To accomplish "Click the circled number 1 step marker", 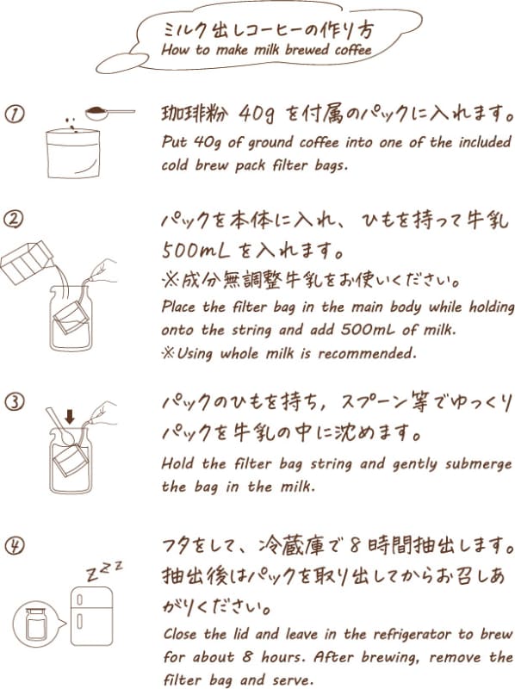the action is click(x=14, y=115).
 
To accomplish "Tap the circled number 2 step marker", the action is click(x=14, y=220).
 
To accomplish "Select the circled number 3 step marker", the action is click(x=14, y=402).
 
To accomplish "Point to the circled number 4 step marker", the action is click(x=15, y=546).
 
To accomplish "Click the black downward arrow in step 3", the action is click(x=70, y=417).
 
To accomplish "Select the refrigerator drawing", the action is click(x=92, y=616).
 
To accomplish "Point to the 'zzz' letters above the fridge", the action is click(x=104, y=570).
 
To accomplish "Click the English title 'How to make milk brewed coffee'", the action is click(x=266, y=50).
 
